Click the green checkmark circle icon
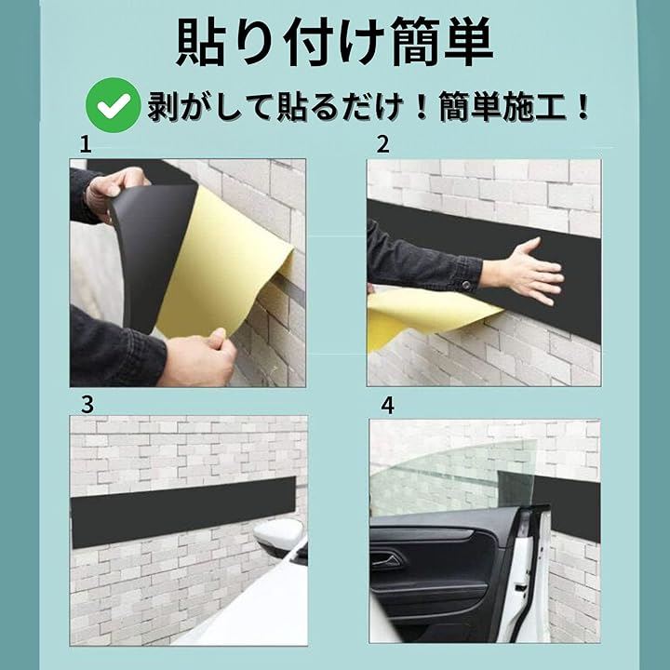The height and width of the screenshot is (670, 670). [x=114, y=105]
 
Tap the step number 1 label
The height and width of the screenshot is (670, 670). [x=86, y=145]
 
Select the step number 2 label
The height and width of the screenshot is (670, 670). [x=382, y=144]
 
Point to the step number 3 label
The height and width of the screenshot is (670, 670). [x=87, y=404]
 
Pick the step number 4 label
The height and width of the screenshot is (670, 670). [x=387, y=406]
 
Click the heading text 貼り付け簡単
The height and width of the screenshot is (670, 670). [x=335, y=42]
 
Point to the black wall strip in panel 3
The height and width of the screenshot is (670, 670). [x=183, y=512]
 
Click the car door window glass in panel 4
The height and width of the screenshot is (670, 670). [x=453, y=478]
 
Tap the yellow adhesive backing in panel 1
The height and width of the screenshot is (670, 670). [x=222, y=265]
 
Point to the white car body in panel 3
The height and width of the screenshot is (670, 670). [x=252, y=607]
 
